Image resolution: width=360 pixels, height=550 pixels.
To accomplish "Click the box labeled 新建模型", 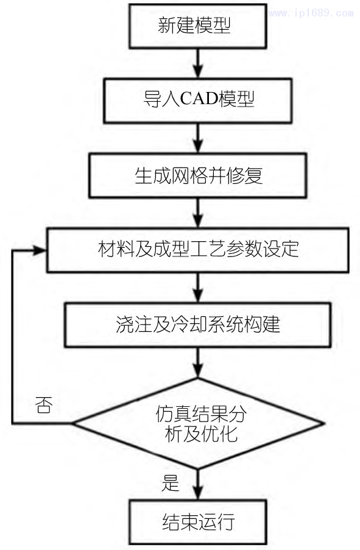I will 195,26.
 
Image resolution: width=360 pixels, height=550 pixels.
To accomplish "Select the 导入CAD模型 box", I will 195,100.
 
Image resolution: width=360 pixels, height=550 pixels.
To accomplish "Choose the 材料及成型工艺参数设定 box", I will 199,250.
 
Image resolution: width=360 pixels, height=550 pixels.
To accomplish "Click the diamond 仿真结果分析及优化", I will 198,423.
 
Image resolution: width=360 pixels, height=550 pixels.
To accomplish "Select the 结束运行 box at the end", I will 198,522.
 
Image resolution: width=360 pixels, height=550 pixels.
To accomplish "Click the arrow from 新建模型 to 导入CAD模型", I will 196,63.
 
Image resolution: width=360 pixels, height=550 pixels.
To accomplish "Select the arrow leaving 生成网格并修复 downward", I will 196,213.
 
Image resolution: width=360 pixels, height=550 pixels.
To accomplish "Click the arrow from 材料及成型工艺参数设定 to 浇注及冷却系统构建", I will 196,287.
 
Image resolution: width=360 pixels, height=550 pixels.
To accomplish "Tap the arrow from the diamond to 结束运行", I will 196,484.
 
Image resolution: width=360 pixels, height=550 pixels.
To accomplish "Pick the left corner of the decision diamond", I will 73,423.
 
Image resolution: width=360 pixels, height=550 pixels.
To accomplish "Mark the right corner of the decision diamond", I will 323,423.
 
